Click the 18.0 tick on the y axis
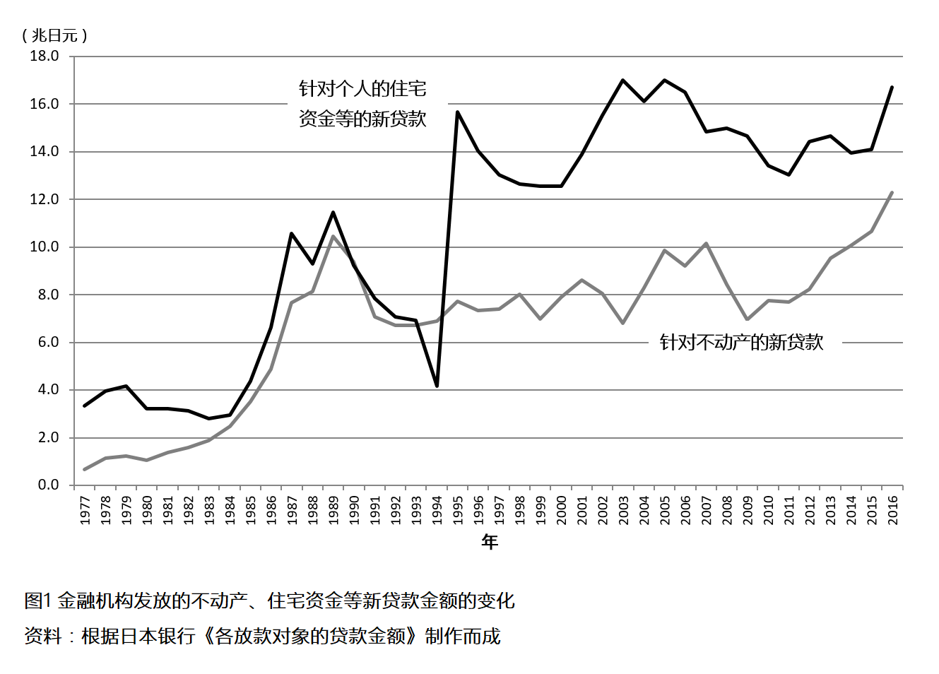click(x=44, y=56)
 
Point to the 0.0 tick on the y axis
click(x=48, y=485)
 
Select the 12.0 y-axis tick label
click(x=44, y=199)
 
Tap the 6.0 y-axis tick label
click(x=48, y=343)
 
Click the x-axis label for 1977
click(x=85, y=509)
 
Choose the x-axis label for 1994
click(x=437, y=509)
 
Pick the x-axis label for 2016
click(x=892, y=509)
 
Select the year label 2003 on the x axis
click(x=623, y=509)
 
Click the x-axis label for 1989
click(x=333, y=509)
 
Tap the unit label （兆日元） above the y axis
click(x=54, y=35)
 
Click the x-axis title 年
click(x=489, y=542)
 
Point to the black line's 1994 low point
click(x=437, y=386)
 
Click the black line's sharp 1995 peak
click(x=457, y=112)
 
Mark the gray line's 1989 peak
click(x=333, y=236)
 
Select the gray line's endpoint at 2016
click(x=892, y=193)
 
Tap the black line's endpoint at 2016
click(x=892, y=87)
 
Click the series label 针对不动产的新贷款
click(x=742, y=342)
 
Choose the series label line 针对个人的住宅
click(x=362, y=89)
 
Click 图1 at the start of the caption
click(x=37, y=601)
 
